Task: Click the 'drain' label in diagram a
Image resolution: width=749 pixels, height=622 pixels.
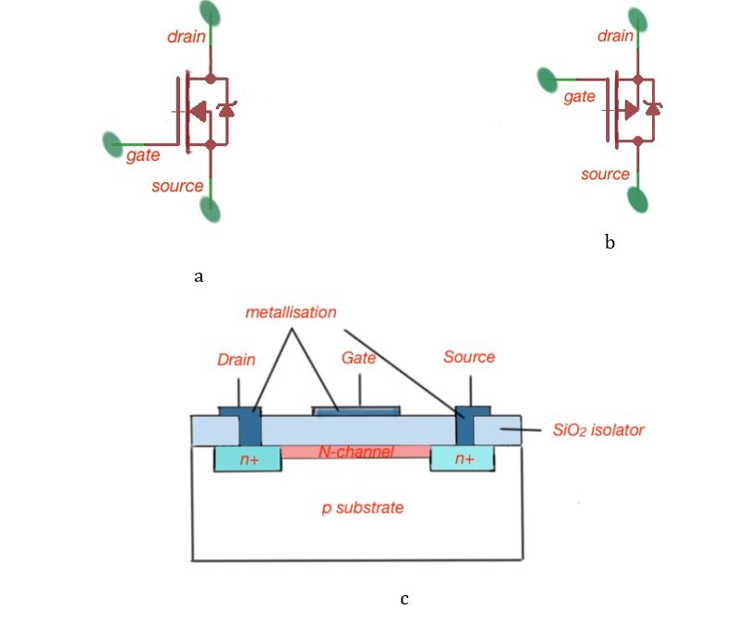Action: coord(187,38)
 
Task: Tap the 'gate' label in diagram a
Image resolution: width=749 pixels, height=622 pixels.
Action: coord(143,156)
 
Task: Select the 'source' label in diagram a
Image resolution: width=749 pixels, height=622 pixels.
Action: coord(177,186)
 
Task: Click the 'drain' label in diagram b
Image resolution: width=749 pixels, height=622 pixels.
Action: coord(615,36)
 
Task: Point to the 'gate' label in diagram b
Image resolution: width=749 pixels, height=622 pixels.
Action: coord(579,96)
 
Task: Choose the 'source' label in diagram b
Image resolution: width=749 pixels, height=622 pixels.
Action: coord(605,174)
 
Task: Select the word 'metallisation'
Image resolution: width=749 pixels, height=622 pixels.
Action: coord(291,312)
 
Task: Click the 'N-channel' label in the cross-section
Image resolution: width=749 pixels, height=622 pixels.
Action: coord(356,452)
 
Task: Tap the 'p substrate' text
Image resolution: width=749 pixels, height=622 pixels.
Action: coord(362,507)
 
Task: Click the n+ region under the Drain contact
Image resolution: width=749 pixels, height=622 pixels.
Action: coord(248,459)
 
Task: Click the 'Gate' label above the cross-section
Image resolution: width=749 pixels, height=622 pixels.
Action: coord(359,357)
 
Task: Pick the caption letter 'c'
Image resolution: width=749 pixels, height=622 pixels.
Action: coord(405,599)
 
